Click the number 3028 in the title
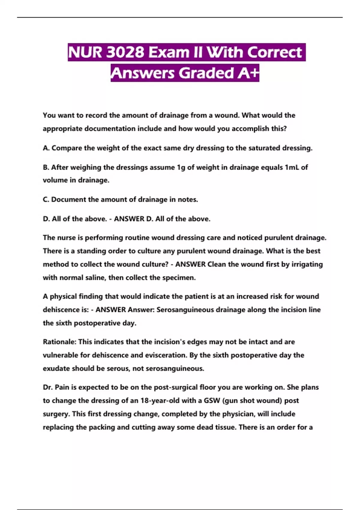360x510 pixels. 125,52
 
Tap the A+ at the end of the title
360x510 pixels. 248,73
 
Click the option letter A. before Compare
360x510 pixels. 46,148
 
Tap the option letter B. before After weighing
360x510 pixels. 46,167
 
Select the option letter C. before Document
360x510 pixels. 46,199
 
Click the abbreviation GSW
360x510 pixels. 212,400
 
